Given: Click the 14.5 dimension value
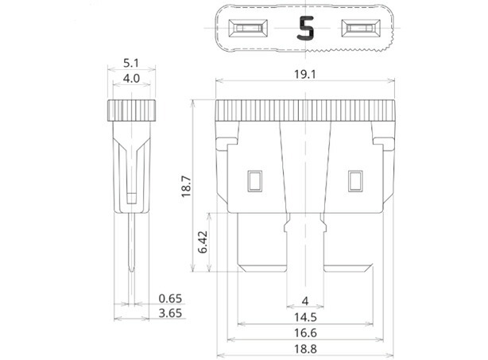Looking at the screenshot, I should pyautogui.click(x=305, y=316).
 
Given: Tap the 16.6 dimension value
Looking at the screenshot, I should pyautogui.click(x=305, y=333).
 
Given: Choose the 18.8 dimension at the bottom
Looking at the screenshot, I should pyautogui.click(x=305, y=350).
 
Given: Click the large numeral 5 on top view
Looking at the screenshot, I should pyautogui.click(x=305, y=29).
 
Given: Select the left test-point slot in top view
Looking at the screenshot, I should pyautogui.click(x=249, y=30).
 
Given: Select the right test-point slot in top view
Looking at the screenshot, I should pyautogui.click(x=362, y=30).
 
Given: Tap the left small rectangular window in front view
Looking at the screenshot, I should pyautogui.click(x=255, y=181).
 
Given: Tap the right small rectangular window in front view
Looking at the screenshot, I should pyautogui.click(x=354, y=181).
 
